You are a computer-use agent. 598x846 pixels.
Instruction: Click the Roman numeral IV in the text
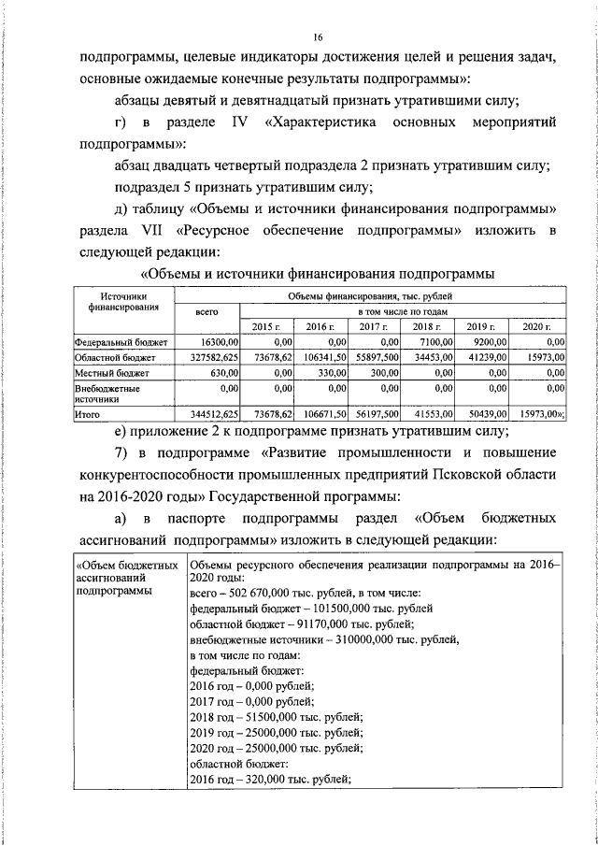pos(236,123)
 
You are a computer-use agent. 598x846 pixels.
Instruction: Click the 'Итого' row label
pos(91,412)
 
